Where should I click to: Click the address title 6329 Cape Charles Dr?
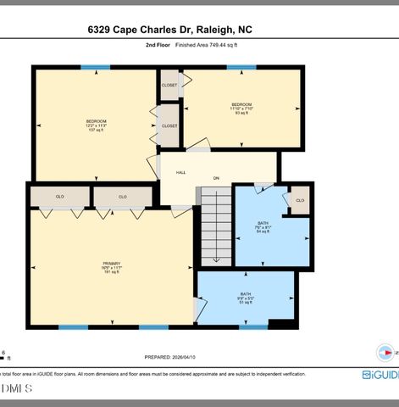pos(169,30)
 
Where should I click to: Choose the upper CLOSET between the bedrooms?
pos(169,85)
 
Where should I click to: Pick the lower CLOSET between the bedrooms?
pos(169,125)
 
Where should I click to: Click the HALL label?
pos(180,172)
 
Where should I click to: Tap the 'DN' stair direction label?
pos(216,178)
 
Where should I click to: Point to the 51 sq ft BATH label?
pos(246,298)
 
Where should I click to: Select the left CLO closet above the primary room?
pos(60,197)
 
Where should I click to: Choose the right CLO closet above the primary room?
pos(123,197)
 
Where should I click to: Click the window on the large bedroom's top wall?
pos(96,67)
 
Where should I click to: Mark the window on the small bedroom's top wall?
pos(241,67)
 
